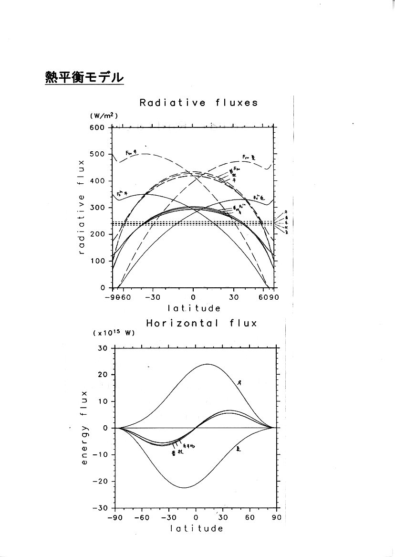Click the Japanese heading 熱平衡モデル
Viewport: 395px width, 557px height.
coord(84,77)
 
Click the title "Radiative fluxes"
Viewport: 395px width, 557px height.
coord(198,103)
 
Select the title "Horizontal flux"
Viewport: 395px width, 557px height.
coord(201,323)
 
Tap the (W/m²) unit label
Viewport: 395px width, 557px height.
coord(104,116)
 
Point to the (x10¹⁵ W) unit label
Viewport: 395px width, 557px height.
coord(114,333)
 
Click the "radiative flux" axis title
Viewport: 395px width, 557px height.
coord(82,207)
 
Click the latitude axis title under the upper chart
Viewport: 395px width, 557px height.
coord(193,308)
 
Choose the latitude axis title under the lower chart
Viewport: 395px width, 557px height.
coord(196,528)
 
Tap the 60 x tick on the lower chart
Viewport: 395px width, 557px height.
coord(249,518)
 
